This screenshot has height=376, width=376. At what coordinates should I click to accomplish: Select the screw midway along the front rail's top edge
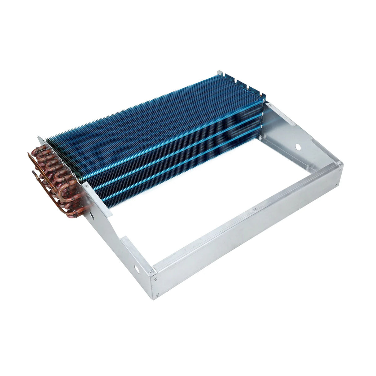coord(254,209)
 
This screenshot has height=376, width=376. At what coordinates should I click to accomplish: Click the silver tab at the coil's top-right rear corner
coord(219,73)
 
